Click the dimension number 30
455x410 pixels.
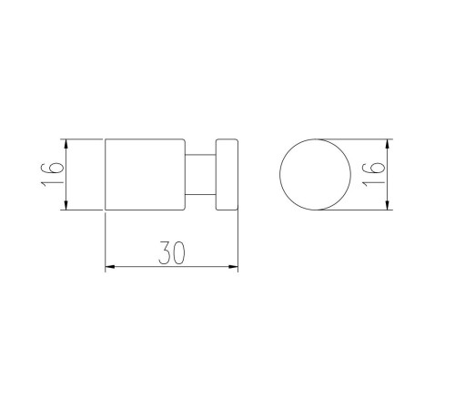pyautogui.click(x=171, y=252)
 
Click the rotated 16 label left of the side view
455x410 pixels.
pyautogui.click(x=52, y=174)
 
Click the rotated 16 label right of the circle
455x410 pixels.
pyautogui.click(x=373, y=174)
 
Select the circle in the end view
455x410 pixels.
pyautogui.click(x=280, y=174)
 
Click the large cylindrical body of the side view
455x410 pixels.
pyautogui.click(x=145, y=174)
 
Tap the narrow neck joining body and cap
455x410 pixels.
pyautogui.click(x=200, y=174)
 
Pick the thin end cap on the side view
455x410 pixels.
pyautogui.click(x=227, y=174)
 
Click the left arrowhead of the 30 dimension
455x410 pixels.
pyautogui.click(x=110, y=267)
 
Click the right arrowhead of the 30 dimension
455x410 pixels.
pyautogui.click(x=233, y=267)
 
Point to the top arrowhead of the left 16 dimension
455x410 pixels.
pyautogui.click(x=66, y=144)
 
